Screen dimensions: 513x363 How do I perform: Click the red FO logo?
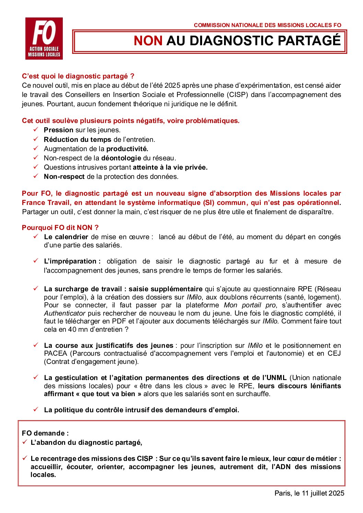point(44,38)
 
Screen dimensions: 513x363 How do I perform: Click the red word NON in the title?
point(148,41)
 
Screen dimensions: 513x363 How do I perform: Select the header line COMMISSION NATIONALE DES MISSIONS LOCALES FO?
point(267,25)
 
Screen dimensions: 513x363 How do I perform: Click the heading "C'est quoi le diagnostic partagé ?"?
point(78,76)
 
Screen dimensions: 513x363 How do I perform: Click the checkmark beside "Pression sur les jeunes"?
point(36,130)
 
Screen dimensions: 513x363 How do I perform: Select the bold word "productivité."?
point(127,149)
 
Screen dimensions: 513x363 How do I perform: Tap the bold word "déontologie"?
point(121,158)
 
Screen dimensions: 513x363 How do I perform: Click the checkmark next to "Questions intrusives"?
point(36,167)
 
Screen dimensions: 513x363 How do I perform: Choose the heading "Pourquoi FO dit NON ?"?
point(60,228)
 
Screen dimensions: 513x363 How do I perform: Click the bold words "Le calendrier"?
point(66,237)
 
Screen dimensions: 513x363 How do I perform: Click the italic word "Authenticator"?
point(65,313)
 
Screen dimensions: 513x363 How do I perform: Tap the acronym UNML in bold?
point(274,378)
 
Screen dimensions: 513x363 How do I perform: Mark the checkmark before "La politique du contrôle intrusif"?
point(36,410)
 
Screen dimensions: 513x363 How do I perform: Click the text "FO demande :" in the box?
point(45,433)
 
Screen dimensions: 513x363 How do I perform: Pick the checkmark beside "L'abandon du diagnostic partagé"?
point(25,442)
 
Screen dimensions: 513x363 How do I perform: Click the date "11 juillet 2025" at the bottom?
point(323,493)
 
